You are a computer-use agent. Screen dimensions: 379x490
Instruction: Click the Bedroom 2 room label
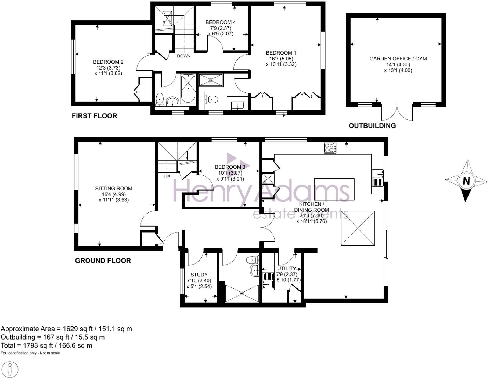(x=108, y=62)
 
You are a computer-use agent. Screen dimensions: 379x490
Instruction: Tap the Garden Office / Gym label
(x=398, y=59)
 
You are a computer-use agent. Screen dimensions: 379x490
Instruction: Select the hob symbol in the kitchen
(x=330, y=148)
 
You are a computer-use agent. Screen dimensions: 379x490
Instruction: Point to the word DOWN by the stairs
(x=184, y=56)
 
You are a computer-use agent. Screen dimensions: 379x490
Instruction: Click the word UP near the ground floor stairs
(x=167, y=177)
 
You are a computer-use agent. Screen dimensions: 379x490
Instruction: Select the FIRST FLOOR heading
(x=94, y=116)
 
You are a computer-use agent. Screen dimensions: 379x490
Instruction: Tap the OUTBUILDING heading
(x=372, y=126)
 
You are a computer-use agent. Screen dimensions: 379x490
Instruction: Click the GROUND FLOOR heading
(x=103, y=261)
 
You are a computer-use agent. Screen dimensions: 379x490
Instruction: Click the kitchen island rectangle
(x=334, y=189)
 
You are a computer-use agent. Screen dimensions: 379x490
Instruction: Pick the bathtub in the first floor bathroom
(x=188, y=89)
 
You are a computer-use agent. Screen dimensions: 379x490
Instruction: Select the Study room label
(x=199, y=275)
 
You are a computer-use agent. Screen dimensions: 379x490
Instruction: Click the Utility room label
(x=286, y=268)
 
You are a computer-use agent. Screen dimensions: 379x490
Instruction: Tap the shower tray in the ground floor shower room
(x=242, y=293)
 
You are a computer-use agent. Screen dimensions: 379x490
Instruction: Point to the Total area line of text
(x=46, y=345)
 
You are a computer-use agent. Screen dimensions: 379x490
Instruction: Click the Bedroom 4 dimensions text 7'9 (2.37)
(x=220, y=28)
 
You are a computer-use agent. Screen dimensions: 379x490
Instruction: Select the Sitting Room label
(x=113, y=189)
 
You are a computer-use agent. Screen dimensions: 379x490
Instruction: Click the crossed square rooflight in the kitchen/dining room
(x=358, y=228)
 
